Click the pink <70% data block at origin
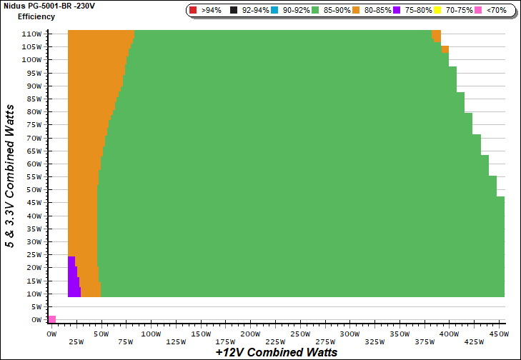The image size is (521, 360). click(51, 319)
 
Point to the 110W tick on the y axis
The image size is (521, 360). click(31, 34)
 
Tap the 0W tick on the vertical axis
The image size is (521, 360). click(36, 320)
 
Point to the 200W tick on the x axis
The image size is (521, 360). click(250, 334)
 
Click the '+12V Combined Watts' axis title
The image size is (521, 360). click(276, 352)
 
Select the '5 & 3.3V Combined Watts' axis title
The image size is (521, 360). click(10, 175)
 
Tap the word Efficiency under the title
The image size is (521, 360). click(36, 16)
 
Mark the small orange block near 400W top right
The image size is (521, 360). click(445, 49)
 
